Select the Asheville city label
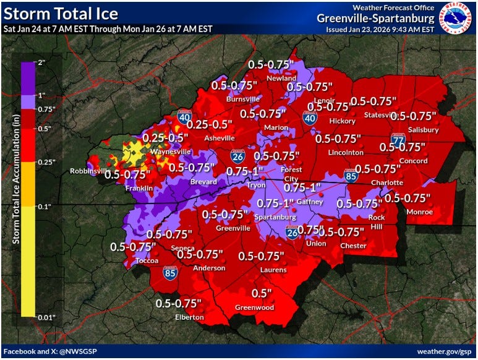tap(220, 138)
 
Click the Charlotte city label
tap(386, 182)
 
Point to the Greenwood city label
tap(254, 307)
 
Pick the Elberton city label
tap(189, 317)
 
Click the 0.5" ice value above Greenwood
tap(262, 293)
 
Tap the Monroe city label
tap(419, 212)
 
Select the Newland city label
tap(281, 79)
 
